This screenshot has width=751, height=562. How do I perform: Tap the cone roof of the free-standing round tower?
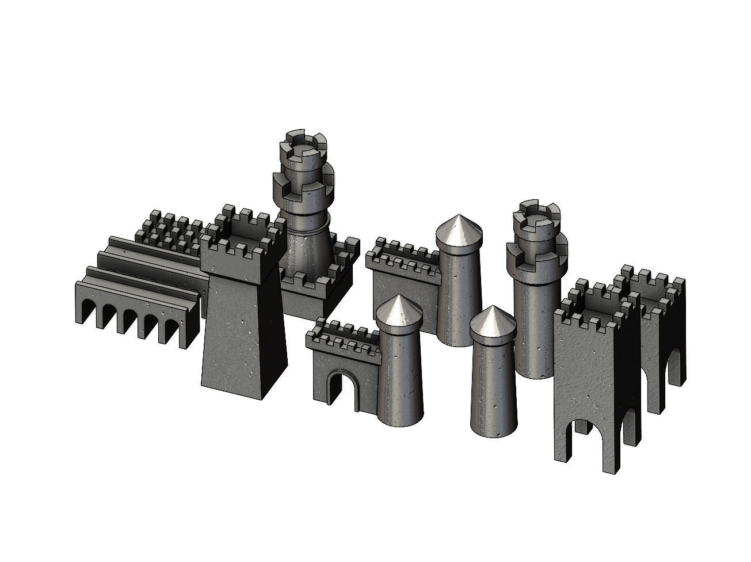pos(491,323)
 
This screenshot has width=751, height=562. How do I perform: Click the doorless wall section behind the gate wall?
pos(403,288)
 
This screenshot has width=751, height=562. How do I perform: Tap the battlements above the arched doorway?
pos(342,340)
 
